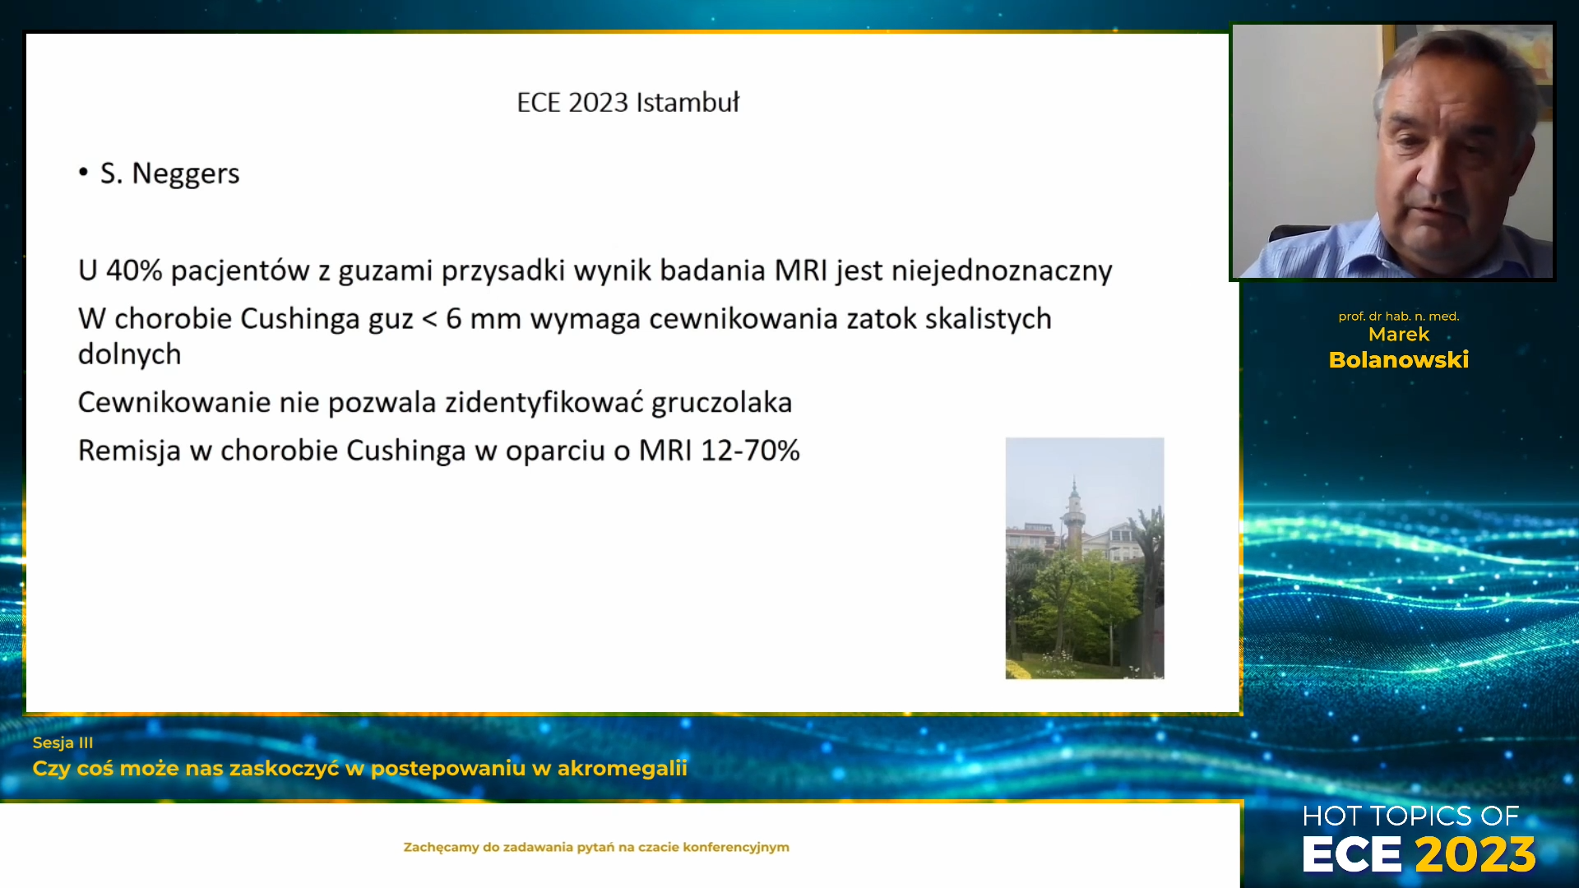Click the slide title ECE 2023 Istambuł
pos(628,102)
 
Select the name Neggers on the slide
pos(186,174)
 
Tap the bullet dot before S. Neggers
pos(83,173)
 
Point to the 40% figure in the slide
pos(134,270)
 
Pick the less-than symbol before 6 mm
pos(429,319)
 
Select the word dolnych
pos(129,354)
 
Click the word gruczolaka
pos(721,403)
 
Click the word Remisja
pos(129,451)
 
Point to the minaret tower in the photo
pos(1074,518)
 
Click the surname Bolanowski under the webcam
pos(1399,360)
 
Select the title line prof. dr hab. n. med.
pos(1399,317)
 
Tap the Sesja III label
pos(63,742)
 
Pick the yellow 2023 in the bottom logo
pos(1475,854)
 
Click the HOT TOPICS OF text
pos(1410,816)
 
